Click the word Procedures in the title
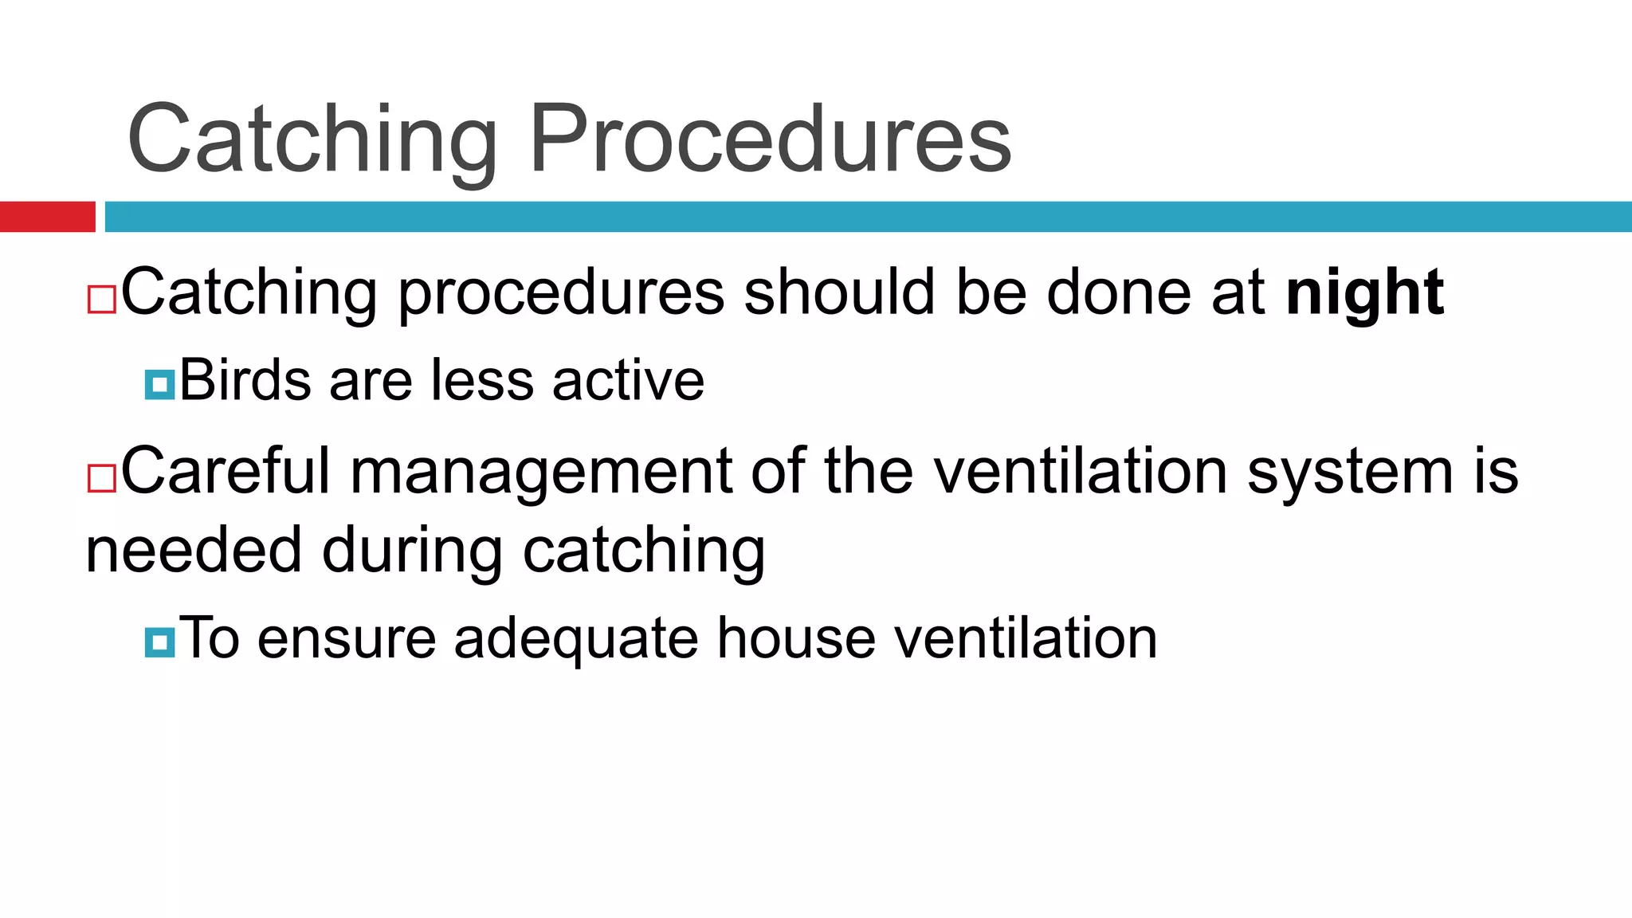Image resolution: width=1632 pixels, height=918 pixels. click(770, 139)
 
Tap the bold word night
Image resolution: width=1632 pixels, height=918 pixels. click(1364, 293)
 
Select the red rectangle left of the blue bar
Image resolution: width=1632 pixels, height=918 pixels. click(47, 217)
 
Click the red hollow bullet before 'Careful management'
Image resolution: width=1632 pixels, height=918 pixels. click(102, 478)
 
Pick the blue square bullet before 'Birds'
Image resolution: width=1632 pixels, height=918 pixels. click(159, 385)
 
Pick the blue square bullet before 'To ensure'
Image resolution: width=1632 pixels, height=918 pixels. click(159, 642)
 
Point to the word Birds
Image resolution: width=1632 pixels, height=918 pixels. click(245, 380)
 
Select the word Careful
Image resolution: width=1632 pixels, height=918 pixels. click(225, 472)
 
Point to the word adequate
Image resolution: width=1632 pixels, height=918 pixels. click(575, 639)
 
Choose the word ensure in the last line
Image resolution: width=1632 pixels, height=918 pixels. click(347, 639)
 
